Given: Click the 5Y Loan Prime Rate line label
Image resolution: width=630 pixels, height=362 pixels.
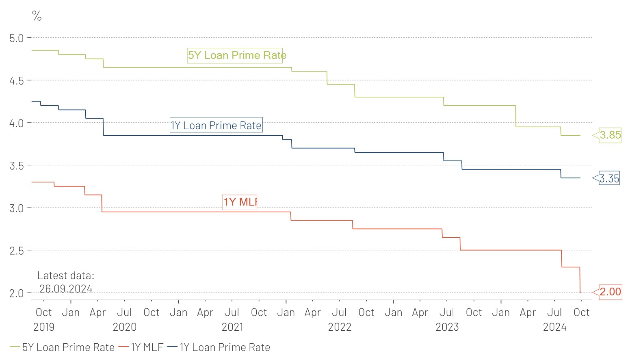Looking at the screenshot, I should click(237, 55).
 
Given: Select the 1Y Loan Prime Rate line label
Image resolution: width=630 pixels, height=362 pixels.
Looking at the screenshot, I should click(216, 125).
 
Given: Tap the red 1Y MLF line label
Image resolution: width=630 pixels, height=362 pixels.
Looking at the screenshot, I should click(240, 202).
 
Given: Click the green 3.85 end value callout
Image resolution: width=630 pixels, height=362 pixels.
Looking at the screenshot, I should click(610, 135).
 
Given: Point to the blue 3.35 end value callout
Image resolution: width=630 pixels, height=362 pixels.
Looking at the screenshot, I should click(609, 178).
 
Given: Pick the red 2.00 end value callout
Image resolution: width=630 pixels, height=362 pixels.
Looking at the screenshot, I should click(610, 292).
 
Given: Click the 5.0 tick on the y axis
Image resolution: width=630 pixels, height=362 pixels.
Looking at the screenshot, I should click(17, 38).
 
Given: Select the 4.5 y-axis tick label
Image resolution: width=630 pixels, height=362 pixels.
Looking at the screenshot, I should click(17, 81).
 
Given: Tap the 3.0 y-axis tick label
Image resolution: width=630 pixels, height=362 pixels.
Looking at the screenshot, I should click(17, 208).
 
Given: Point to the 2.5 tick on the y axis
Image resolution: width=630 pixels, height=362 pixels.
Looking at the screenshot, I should click(17, 251).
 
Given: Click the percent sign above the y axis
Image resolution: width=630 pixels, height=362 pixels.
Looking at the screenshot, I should click(37, 16).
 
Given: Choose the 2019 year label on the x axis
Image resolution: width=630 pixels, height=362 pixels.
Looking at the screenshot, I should click(43, 327).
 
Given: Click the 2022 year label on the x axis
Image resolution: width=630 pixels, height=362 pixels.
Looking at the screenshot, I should click(340, 327).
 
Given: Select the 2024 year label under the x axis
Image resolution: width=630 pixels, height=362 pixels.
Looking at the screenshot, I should click(554, 327).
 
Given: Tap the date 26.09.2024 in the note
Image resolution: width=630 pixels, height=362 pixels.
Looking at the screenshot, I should click(66, 289).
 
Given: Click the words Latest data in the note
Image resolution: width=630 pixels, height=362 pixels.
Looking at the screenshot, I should click(65, 275).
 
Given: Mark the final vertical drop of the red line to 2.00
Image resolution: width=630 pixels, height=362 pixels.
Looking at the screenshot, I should click(580, 280).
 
